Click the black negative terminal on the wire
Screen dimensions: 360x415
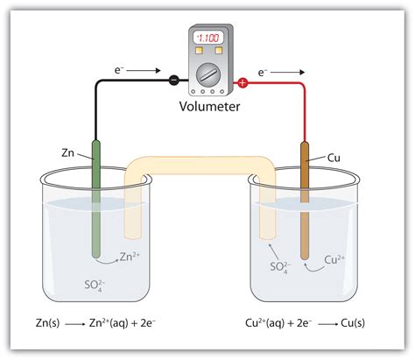[x=173, y=81]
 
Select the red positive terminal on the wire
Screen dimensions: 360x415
[x=243, y=83]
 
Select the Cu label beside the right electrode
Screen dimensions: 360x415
[x=334, y=158]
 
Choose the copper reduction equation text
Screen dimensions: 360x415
[x=306, y=324]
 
